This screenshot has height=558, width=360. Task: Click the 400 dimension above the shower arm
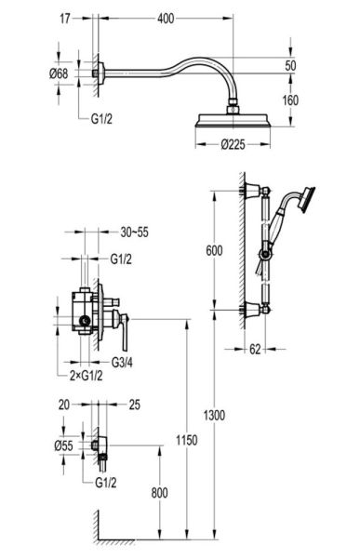pyautogui.click(x=166, y=19)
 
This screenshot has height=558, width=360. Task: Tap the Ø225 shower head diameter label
pyautogui.click(x=233, y=144)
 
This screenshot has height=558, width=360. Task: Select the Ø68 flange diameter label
pyautogui.click(x=59, y=73)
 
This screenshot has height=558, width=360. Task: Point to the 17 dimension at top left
pyautogui.click(x=65, y=19)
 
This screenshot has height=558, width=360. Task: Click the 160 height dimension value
pyautogui.click(x=290, y=100)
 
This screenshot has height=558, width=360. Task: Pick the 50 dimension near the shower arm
pyautogui.click(x=290, y=65)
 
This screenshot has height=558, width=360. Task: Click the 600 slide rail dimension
pyautogui.click(x=214, y=250)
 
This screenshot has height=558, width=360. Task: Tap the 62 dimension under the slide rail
pyautogui.click(x=255, y=349)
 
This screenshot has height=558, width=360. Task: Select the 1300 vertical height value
pyautogui.click(x=214, y=415)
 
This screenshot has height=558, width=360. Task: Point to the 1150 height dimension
pyautogui.click(x=187, y=440)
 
